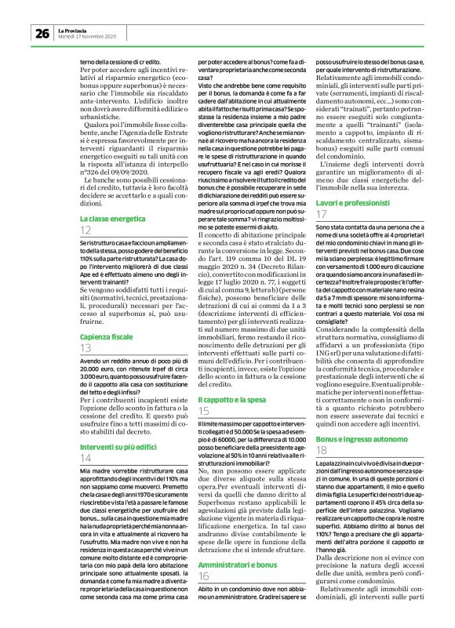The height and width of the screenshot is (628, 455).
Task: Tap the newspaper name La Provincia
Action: point(73,29)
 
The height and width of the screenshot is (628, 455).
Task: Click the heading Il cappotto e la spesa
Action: point(233,399)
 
